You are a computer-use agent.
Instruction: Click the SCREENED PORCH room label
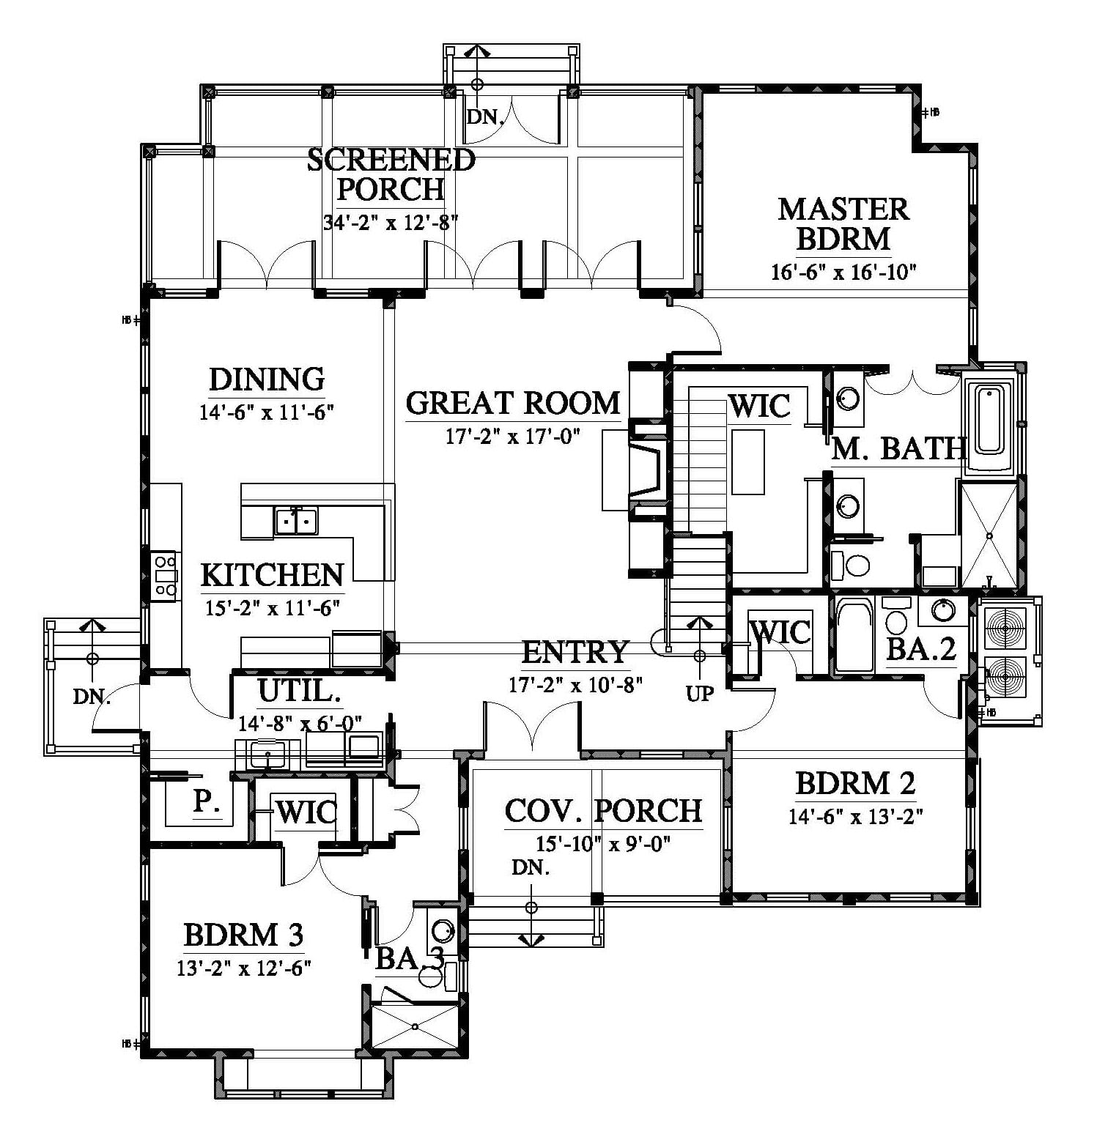pyautogui.click(x=391, y=174)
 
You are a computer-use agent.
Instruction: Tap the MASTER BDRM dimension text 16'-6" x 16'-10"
pyautogui.click(x=843, y=272)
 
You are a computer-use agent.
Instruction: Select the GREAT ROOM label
pyautogui.click(x=513, y=403)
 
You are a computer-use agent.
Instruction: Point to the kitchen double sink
pyautogui.click(x=296, y=521)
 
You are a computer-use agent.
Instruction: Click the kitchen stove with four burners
pyautogui.click(x=165, y=576)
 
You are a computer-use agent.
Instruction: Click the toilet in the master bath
pyautogui.click(x=851, y=565)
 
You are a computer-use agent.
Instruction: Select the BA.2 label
pyautogui.click(x=921, y=648)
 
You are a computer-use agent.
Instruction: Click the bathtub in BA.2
pyautogui.click(x=854, y=635)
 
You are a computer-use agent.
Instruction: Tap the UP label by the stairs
pyautogui.click(x=700, y=693)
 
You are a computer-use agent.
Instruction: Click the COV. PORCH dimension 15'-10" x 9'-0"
pyautogui.click(x=603, y=844)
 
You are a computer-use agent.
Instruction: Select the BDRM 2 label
pyautogui.click(x=855, y=784)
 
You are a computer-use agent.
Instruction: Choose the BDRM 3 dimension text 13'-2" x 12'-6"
pyautogui.click(x=244, y=968)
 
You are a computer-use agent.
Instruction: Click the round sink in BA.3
pyautogui.click(x=443, y=931)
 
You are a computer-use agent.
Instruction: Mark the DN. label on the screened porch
pyautogui.click(x=485, y=117)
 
